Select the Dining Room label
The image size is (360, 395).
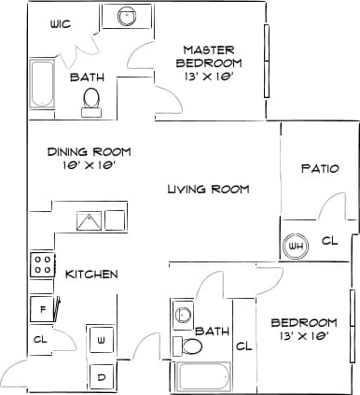90,157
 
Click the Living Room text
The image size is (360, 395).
208,190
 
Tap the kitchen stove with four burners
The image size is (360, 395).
43,264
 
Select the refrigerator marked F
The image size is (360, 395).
43,309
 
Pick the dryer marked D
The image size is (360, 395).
101,375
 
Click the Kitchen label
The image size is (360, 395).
91,274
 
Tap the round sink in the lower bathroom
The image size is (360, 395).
179,316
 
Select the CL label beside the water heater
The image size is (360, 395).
328,241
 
